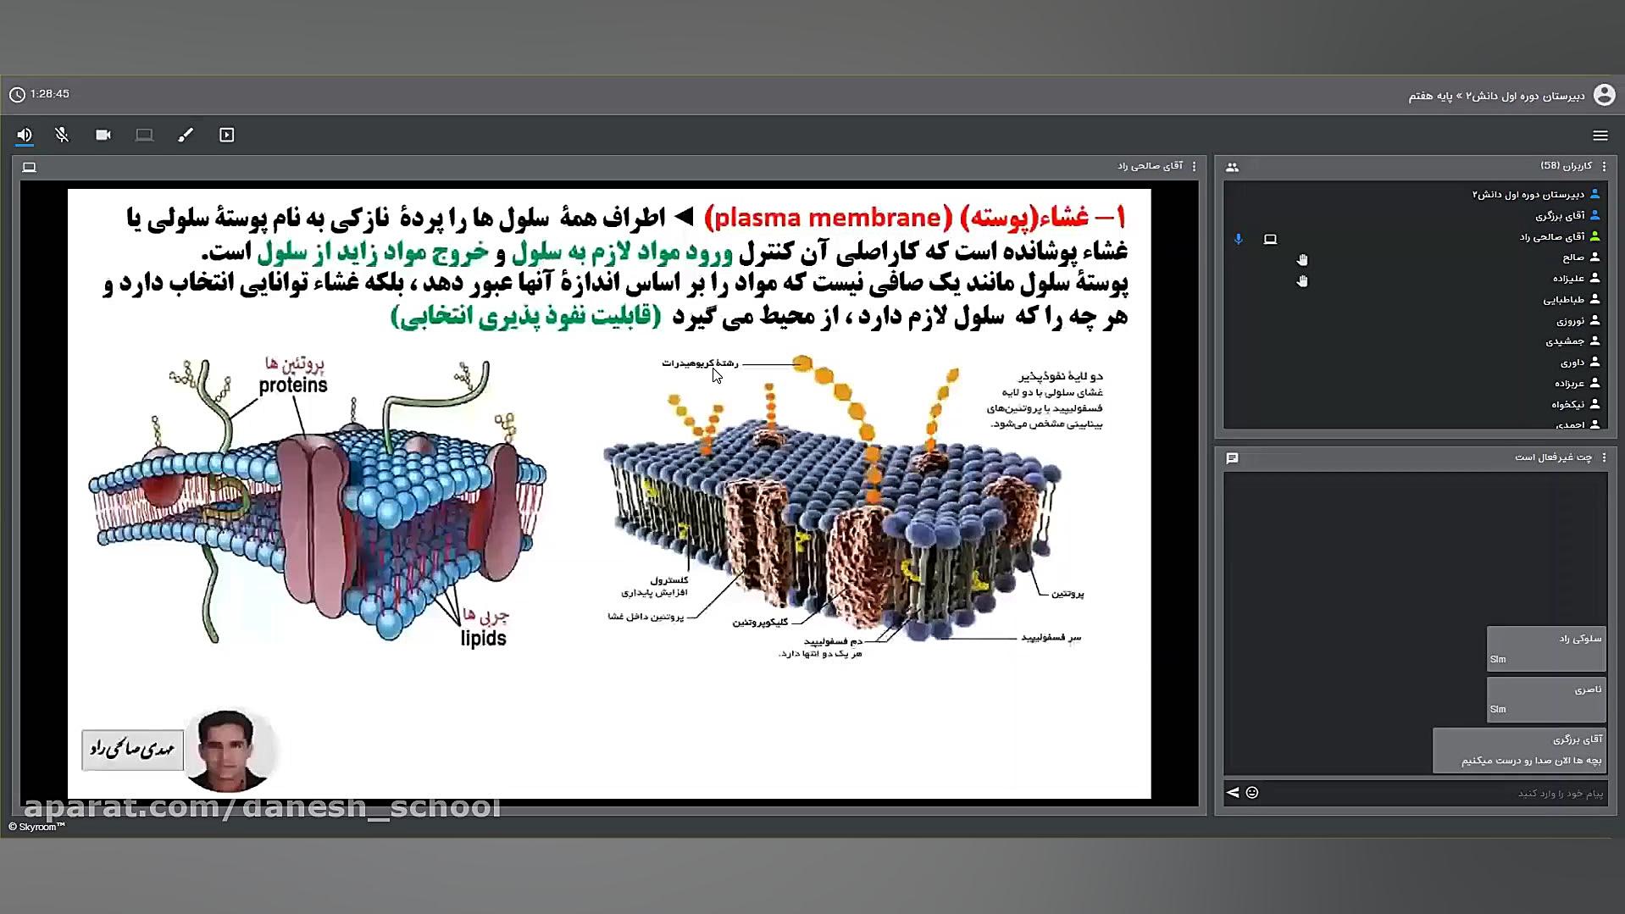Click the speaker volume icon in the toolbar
coord(25,135)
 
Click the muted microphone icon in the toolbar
coord(62,135)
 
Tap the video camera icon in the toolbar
coord(103,135)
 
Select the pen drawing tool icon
coord(186,135)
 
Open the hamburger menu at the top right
coord(1600,136)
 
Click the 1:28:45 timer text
coord(49,94)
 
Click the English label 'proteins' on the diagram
coord(293,385)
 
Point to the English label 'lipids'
coord(483,639)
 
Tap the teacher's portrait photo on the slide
coord(227,750)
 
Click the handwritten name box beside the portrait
coord(132,750)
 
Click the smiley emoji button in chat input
coord(1252,793)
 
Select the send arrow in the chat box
coord(1233,793)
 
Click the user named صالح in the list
coord(1573,258)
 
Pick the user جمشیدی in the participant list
coord(1565,341)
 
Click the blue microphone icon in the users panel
coord(1238,240)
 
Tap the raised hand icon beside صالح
coord(1302,260)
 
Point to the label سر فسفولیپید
coord(1051,638)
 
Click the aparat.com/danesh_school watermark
coord(263,807)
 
